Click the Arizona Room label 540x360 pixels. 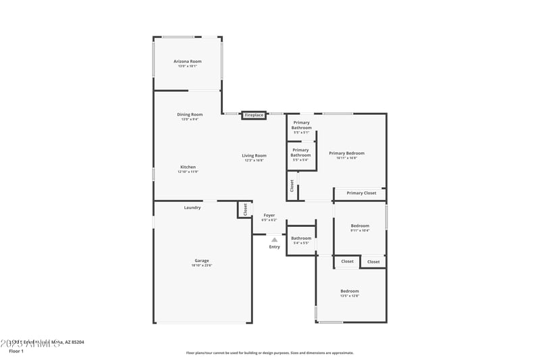click(x=188, y=61)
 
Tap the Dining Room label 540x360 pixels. click(x=190, y=114)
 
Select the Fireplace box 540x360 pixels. click(x=254, y=115)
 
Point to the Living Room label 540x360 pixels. click(x=254, y=155)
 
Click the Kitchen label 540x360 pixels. click(x=188, y=167)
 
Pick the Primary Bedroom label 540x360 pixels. click(x=347, y=153)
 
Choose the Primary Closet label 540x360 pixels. click(x=361, y=193)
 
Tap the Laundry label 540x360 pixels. click(x=192, y=207)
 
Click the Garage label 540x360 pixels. click(x=202, y=260)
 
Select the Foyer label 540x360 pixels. click(x=269, y=215)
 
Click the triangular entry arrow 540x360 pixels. click(x=274, y=239)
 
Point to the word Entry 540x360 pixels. click(x=274, y=247)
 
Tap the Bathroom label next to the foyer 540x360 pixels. click(x=301, y=238)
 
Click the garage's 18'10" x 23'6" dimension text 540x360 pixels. click(x=202, y=265)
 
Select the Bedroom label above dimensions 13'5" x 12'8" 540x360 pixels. click(x=350, y=290)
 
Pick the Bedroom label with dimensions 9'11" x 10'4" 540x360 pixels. click(x=360, y=226)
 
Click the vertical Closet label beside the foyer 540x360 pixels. click(x=245, y=209)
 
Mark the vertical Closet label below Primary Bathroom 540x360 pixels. click(x=292, y=185)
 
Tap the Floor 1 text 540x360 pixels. click(x=16, y=351)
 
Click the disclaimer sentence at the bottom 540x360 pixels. click(x=269, y=353)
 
